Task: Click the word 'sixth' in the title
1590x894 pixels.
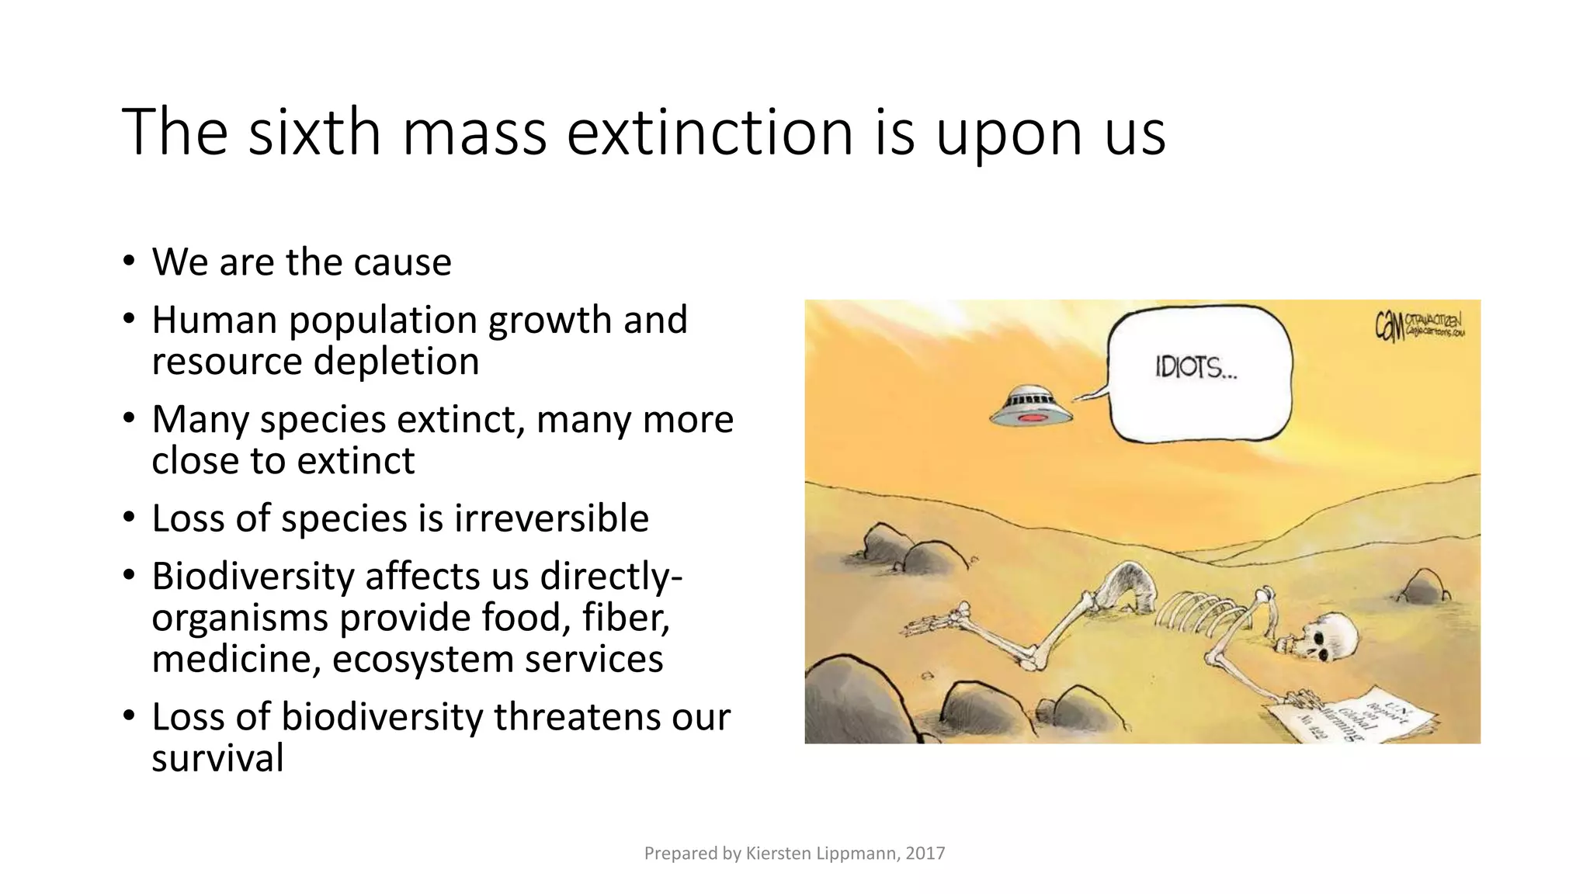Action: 314,132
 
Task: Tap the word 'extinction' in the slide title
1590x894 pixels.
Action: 710,132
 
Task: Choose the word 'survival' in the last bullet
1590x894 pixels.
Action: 217,758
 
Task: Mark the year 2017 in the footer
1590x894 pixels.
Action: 925,854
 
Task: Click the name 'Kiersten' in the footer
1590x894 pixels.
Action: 778,854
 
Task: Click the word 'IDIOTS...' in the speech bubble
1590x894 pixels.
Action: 1196,368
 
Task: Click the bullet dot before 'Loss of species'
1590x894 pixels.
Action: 129,517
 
